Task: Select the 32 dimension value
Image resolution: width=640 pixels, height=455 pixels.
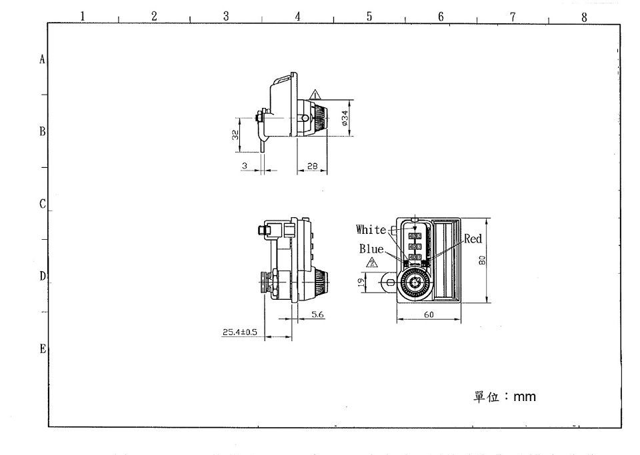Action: [x=235, y=135]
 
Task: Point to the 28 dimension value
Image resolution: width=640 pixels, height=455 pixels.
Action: [x=312, y=166]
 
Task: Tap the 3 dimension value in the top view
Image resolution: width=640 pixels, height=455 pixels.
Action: [x=245, y=165]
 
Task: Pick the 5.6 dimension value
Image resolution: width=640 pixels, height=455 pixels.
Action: [x=317, y=314]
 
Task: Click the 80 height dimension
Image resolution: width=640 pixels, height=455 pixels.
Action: [x=481, y=261]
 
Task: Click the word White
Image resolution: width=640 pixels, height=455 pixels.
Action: [x=371, y=230]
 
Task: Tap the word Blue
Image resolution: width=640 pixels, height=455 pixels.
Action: [x=371, y=248]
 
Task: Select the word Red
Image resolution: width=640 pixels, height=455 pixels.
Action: [x=473, y=238]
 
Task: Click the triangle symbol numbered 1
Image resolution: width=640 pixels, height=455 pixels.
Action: [x=316, y=94]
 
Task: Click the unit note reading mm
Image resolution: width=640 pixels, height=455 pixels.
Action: [x=505, y=397]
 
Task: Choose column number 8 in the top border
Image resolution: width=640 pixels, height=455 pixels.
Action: [x=584, y=17]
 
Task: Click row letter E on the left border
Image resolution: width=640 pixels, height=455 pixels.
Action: [x=43, y=349]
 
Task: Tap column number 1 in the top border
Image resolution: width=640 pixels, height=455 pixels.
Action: [x=82, y=17]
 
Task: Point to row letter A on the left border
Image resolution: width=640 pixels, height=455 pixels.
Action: [x=43, y=59]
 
